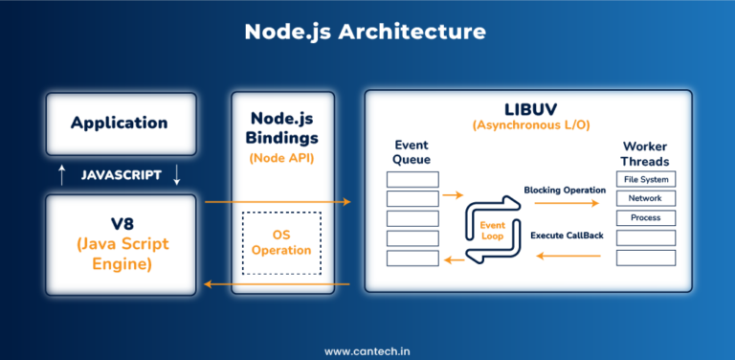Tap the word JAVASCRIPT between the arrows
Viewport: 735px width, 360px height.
pyautogui.click(x=120, y=175)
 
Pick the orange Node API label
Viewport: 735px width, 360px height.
pyautogui.click(x=283, y=157)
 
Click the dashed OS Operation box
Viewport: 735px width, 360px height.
pyautogui.click(x=282, y=243)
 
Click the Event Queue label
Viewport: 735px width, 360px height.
pyautogui.click(x=412, y=152)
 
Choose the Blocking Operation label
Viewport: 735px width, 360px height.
pyautogui.click(x=564, y=190)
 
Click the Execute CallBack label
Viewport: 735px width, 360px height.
pyautogui.click(x=566, y=235)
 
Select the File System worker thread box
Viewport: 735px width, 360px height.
pyautogui.click(x=645, y=179)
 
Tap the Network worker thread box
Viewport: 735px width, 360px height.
pyautogui.click(x=645, y=198)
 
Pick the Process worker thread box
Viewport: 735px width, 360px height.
pyautogui.click(x=645, y=218)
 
